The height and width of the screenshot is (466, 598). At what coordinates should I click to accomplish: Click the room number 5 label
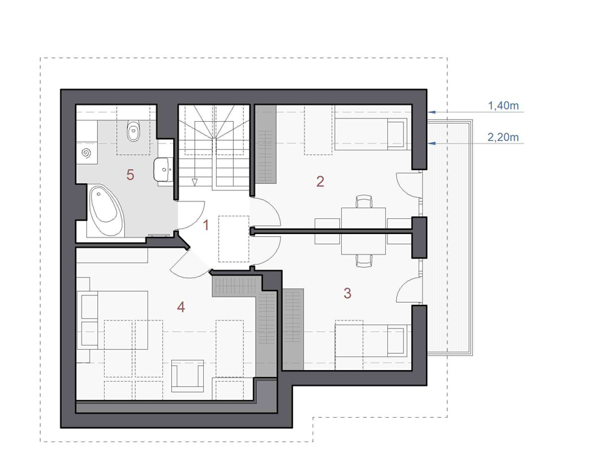point(130,175)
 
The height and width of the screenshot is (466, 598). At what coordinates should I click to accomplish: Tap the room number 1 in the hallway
point(206,225)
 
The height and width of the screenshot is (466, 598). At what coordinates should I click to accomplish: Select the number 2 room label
point(320,181)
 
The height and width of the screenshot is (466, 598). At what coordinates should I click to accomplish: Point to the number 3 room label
point(347,293)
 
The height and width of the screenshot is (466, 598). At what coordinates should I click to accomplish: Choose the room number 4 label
point(181,307)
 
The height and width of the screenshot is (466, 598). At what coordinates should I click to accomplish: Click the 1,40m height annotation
point(504,105)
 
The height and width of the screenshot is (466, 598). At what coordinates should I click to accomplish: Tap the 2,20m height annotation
point(503,137)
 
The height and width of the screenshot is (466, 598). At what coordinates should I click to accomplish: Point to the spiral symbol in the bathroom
point(86,153)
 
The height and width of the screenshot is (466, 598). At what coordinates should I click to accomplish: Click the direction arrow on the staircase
point(195,182)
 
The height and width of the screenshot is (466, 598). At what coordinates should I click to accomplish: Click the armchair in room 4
point(188,376)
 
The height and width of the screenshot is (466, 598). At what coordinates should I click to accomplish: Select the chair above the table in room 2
point(364,201)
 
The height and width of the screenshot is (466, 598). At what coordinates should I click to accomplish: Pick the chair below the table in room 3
point(364,261)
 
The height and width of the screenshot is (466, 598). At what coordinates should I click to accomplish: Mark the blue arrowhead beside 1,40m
point(432,112)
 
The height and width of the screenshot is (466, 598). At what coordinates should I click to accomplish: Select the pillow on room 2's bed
point(397,134)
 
